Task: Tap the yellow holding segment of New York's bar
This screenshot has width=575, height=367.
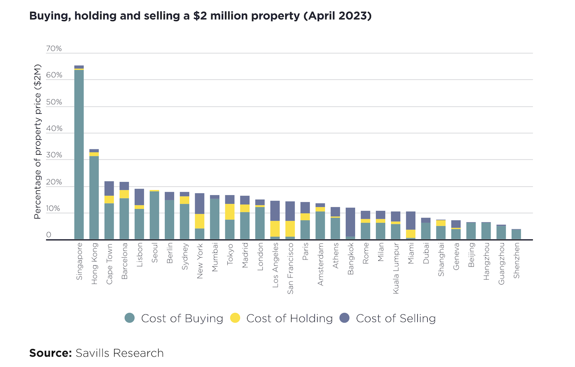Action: point(199,221)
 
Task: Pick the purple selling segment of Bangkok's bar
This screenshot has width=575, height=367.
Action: point(350,222)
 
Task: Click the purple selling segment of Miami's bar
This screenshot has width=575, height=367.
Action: point(411,220)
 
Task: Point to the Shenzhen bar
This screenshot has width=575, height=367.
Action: point(516,234)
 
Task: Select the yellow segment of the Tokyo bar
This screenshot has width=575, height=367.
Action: point(230,211)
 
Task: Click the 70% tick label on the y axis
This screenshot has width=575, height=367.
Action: point(54,49)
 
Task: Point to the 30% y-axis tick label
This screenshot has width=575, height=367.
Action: point(54,155)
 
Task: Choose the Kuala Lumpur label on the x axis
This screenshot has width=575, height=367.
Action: point(396,269)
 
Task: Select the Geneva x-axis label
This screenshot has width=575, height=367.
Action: point(456,260)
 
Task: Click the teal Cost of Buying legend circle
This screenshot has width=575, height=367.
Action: point(130,318)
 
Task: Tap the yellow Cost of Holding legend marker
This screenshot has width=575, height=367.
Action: point(235,318)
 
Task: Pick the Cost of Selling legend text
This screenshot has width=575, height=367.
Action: point(395,318)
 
